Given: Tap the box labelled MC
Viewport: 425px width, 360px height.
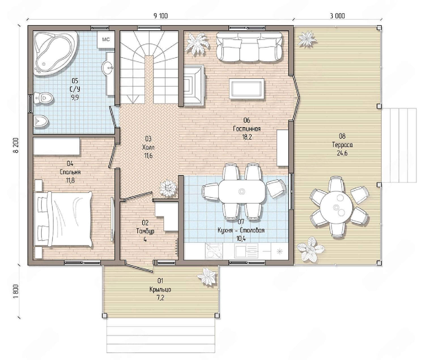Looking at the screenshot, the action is click(x=106, y=39).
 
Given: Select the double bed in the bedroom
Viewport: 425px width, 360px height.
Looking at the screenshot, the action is click(x=63, y=218).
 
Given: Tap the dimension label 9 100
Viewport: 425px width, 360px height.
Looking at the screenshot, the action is click(x=161, y=16).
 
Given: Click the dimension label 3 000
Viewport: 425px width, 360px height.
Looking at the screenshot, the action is click(x=337, y=16).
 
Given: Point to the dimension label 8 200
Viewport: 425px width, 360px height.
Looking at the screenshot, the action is click(x=16, y=145).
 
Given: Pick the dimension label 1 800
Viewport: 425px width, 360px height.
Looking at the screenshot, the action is click(x=16, y=292).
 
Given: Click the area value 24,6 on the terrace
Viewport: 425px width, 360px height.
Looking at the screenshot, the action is click(x=342, y=153).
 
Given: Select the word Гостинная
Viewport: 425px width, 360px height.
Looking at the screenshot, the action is click(x=247, y=129).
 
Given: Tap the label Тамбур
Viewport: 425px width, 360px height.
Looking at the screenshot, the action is click(x=145, y=231).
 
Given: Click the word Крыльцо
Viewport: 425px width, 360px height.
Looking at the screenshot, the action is click(x=160, y=289).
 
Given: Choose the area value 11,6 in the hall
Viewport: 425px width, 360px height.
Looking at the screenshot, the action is click(x=148, y=156).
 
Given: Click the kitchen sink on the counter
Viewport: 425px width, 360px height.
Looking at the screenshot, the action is click(x=246, y=251).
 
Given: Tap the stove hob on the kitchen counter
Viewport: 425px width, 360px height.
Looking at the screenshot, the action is click(x=214, y=251).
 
